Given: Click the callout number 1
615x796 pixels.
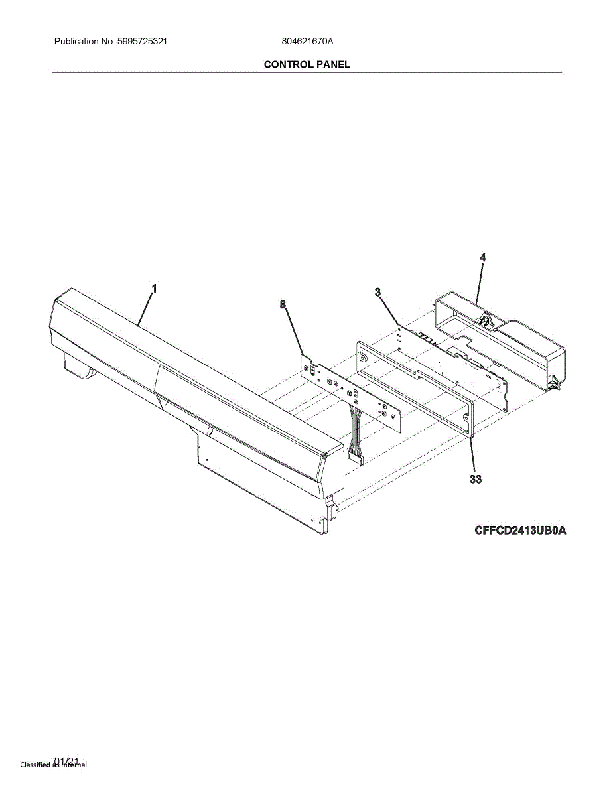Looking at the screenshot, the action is [154, 289].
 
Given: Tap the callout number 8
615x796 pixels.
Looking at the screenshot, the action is [283, 304].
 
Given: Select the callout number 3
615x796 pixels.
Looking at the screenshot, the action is [377, 292].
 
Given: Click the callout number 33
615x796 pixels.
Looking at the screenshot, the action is [475, 478].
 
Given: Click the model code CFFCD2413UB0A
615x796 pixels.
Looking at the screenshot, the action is [521, 531].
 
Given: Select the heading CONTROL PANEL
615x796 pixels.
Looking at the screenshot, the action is [307, 64].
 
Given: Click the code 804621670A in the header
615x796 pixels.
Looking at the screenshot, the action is [307, 41].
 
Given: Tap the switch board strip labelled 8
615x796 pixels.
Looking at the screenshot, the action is [352, 395].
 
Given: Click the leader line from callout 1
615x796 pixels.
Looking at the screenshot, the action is [146, 308].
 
